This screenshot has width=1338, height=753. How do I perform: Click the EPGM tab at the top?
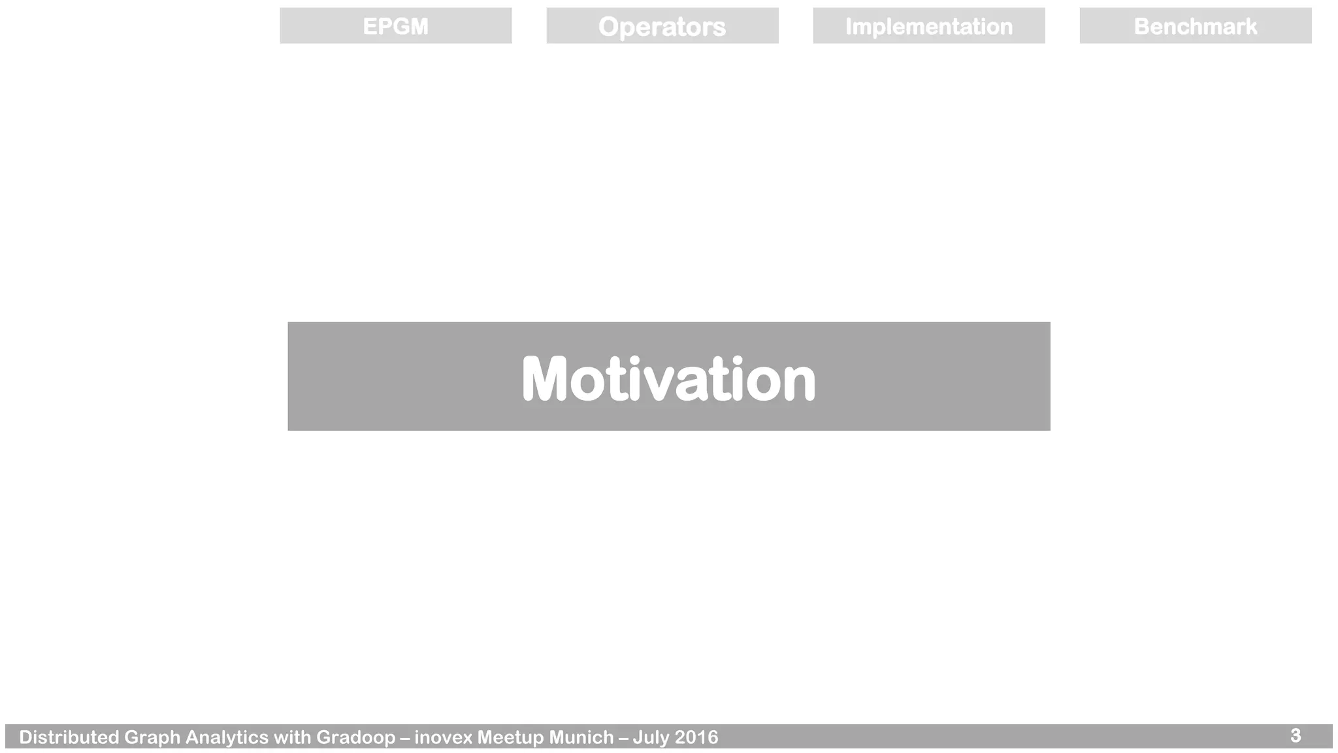[395, 26]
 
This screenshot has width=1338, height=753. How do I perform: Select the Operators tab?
[662, 26]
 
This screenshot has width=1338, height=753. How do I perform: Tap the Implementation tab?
[928, 26]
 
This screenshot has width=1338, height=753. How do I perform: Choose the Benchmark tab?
[1195, 26]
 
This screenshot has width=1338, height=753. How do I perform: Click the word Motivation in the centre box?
[668, 378]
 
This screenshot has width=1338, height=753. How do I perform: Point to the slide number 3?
[1296, 735]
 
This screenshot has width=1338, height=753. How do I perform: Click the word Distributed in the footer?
[69, 737]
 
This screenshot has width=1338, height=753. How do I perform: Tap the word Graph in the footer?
[152, 737]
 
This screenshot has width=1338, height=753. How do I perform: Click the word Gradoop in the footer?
[355, 737]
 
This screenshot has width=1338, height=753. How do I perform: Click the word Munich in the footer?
[581, 737]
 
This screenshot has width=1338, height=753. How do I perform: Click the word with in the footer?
[292, 737]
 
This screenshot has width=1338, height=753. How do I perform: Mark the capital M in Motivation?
[544, 378]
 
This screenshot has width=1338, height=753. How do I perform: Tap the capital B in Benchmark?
[1141, 26]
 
